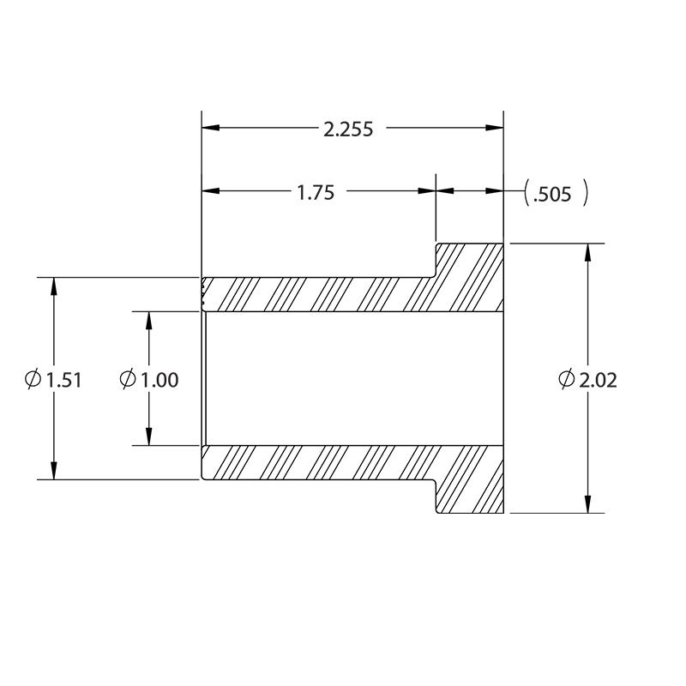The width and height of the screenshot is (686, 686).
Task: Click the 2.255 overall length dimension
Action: point(348,129)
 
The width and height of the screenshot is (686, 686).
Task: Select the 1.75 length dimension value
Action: point(316,193)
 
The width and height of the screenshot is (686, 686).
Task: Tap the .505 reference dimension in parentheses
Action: point(552,195)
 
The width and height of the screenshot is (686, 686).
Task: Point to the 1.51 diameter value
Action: point(63,380)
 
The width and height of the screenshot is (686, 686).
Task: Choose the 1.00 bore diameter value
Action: point(159,380)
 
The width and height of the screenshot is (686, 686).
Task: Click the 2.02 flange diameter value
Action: point(598,380)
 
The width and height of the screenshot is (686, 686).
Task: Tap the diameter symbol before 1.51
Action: point(33,379)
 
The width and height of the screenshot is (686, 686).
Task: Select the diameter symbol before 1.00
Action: point(128,379)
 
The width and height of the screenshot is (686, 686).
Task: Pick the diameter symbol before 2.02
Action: point(567,379)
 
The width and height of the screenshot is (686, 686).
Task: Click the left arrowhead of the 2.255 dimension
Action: point(210,128)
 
